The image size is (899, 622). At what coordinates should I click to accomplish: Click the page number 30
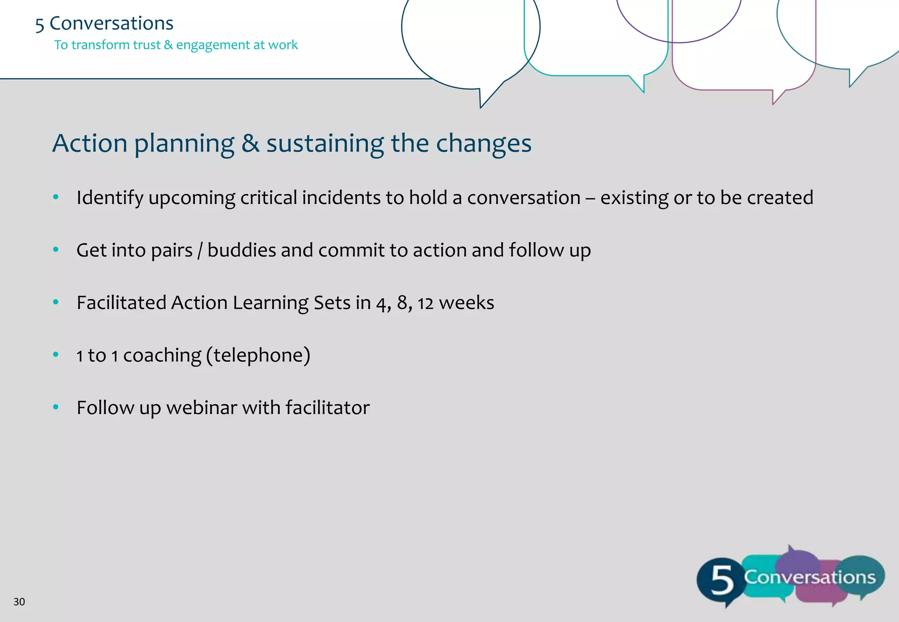pyautogui.click(x=19, y=602)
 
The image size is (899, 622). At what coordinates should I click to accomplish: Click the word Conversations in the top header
pyautogui.click(x=111, y=23)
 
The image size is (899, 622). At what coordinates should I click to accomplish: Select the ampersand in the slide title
pyautogui.click(x=250, y=143)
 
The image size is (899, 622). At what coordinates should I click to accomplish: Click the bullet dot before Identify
pyautogui.click(x=56, y=197)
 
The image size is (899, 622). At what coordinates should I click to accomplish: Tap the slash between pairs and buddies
pyautogui.click(x=200, y=250)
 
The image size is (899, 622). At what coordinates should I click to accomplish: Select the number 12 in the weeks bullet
pyautogui.click(x=425, y=303)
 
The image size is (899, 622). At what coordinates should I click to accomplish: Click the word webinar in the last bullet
pyautogui.click(x=201, y=408)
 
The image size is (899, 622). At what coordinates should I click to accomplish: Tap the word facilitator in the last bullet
pyautogui.click(x=327, y=408)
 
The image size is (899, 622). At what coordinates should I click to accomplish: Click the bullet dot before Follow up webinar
pyautogui.click(x=56, y=408)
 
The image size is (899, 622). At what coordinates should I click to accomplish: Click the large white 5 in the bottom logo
pyautogui.click(x=721, y=580)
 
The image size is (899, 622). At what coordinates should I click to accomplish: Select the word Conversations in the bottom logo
pyautogui.click(x=809, y=577)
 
